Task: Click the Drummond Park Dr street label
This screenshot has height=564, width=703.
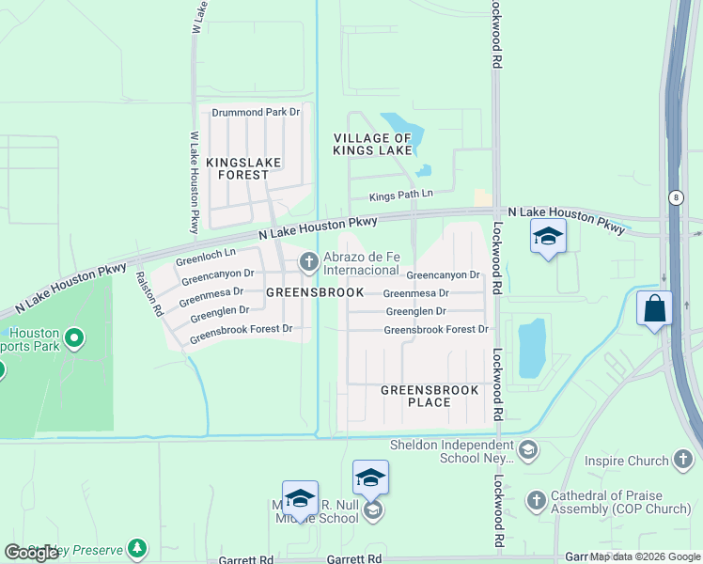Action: pos(255,112)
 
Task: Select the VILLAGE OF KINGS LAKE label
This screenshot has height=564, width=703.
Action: pos(373,144)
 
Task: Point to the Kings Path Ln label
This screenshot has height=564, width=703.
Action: pos(400,195)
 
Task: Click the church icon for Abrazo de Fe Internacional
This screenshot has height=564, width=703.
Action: pos(308,262)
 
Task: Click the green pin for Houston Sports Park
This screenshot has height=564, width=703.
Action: pos(76,337)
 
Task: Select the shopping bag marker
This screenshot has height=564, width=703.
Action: pos(654,307)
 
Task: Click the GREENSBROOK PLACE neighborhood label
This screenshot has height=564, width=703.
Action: pos(429,396)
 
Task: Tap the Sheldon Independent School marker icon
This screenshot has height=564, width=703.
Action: pos(527,450)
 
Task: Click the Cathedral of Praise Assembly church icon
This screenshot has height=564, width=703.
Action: pos(537,500)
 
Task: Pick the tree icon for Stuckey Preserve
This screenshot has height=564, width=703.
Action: pos(138,547)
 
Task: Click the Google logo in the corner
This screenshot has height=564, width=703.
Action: pos(31,553)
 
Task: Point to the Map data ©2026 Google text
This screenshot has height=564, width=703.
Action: pos(645,556)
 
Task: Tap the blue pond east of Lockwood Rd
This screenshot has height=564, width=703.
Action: pos(531,345)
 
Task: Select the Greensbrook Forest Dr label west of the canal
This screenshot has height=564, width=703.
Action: pos(242,330)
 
